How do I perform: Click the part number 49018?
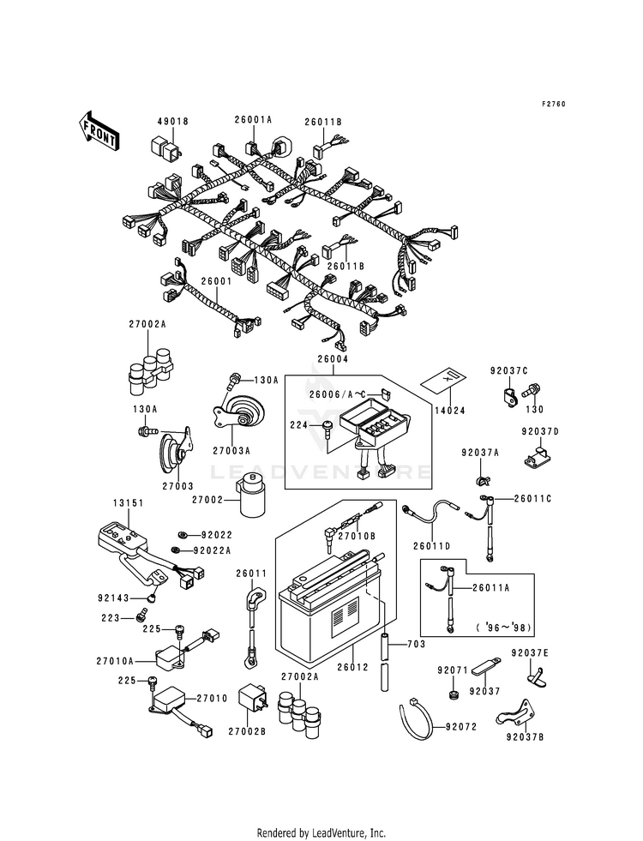(x=172, y=122)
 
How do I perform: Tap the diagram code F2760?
(x=553, y=104)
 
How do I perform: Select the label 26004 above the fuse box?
(x=333, y=359)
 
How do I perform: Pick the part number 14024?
(x=449, y=411)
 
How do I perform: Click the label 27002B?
(x=247, y=731)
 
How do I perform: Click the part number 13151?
(x=129, y=503)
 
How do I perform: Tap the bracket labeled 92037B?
(x=515, y=713)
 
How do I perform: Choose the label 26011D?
(x=432, y=546)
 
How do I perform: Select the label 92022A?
(x=213, y=550)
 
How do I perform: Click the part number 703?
(x=416, y=644)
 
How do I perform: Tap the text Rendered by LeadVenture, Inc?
(x=321, y=833)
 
